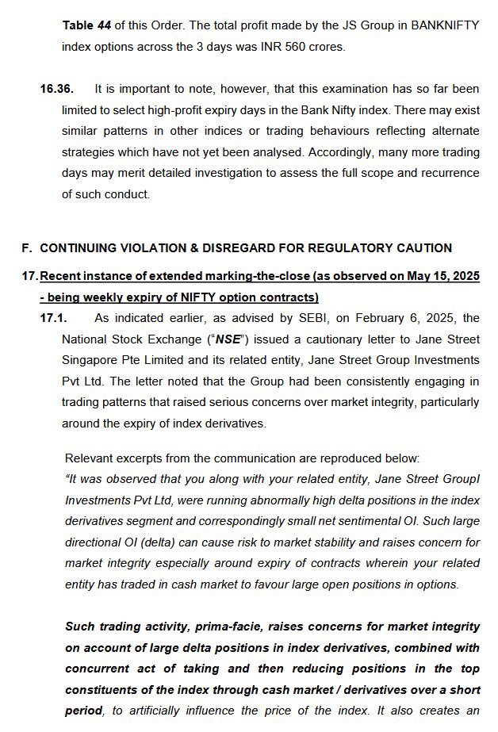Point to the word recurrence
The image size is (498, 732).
[x=446, y=173]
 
